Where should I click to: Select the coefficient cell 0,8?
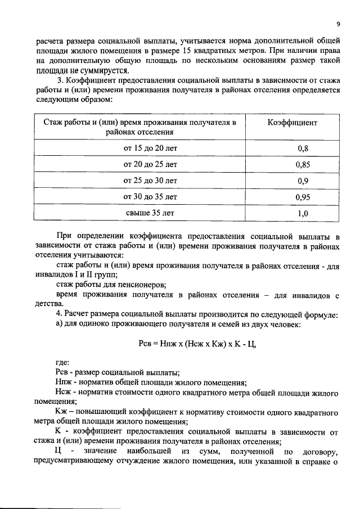point(303,148)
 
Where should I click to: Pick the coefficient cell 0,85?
point(303,165)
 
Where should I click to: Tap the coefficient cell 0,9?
point(303,181)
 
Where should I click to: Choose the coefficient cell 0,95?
point(303,197)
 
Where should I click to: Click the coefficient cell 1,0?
point(303,214)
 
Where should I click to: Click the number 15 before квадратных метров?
point(189,50)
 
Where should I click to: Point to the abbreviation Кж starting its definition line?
point(61,412)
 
